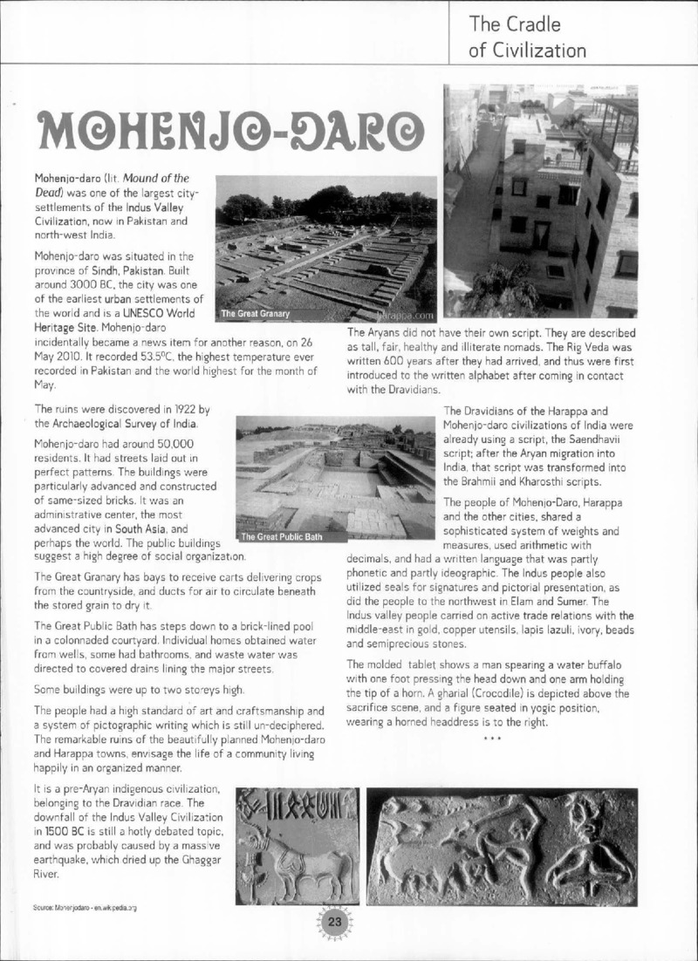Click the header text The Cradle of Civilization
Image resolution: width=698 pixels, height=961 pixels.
[x=527, y=37]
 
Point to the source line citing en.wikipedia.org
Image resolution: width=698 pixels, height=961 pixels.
[x=86, y=908]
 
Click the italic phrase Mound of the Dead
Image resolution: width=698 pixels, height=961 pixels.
[x=126, y=185]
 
